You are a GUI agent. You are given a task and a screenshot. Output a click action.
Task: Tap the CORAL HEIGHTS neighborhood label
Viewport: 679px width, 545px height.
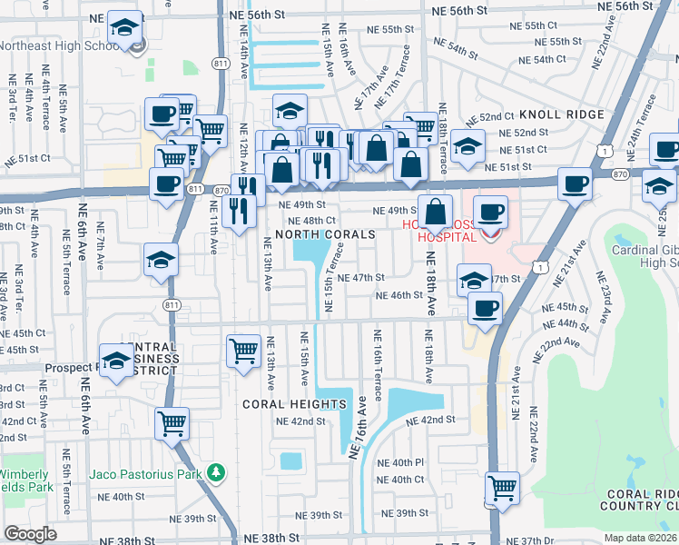point(294,403)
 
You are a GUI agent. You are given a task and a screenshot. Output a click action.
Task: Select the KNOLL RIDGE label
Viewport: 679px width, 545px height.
point(562,114)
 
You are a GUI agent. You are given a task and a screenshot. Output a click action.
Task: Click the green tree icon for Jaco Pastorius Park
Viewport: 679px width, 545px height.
point(216,472)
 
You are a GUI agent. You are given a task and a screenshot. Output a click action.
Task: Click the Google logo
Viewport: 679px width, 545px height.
point(30,534)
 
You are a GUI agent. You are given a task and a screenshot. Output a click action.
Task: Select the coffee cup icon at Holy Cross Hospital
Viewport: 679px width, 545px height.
point(490,213)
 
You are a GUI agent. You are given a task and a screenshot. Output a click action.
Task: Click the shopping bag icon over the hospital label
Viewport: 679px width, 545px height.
point(436,213)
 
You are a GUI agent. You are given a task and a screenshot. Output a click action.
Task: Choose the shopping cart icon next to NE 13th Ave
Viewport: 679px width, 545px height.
point(243,351)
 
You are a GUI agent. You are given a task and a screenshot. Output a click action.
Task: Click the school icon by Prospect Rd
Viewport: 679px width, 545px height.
point(116,362)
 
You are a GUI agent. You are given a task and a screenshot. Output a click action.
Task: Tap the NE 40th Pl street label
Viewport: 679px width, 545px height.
point(400,462)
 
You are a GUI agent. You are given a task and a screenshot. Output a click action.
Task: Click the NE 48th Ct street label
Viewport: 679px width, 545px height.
point(312,221)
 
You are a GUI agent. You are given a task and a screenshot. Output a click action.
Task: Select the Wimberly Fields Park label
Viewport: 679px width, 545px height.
point(25,481)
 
